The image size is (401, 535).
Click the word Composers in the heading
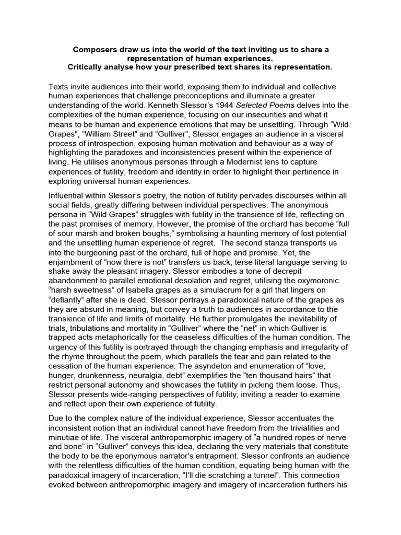point(95,50)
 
